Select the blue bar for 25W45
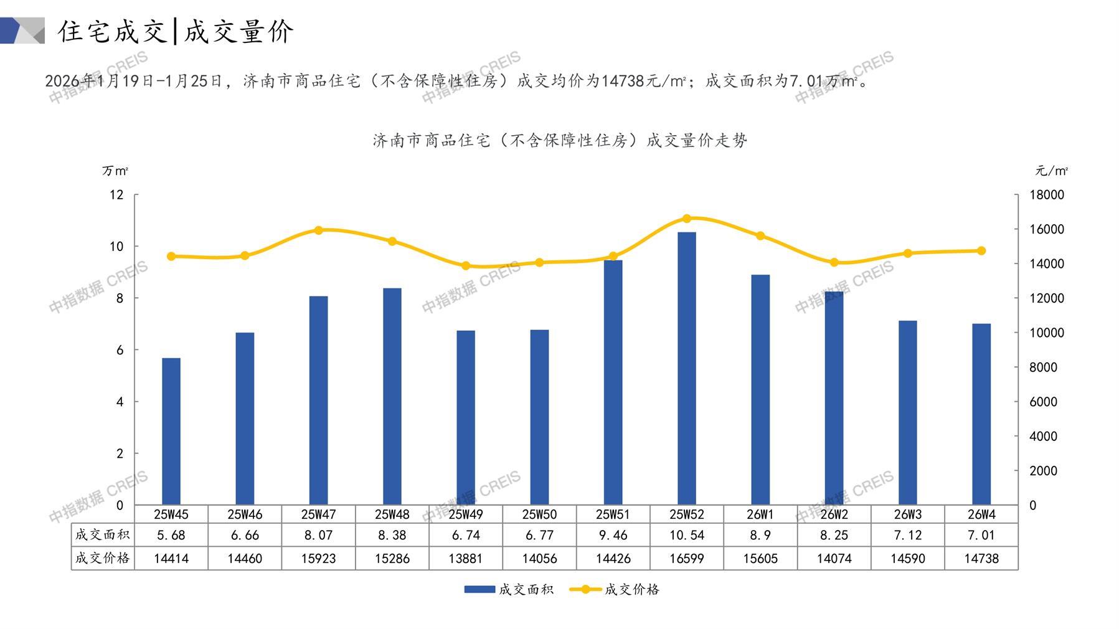tap(171, 432)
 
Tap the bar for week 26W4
tap(981, 414)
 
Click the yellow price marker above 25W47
tap(319, 230)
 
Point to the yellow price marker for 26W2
tap(834, 263)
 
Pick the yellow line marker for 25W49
tap(466, 266)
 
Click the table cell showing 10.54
tap(687, 535)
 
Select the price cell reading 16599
tap(687, 559)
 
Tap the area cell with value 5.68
tap(171, 535)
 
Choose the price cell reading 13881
tap(466, 559)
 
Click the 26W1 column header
tap(760, 514)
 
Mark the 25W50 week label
tap(539, 514)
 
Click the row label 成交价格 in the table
tap(103, 558)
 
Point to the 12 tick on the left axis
tap(116, 195)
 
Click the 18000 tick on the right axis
tap(1047, 195)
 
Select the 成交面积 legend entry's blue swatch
tap(479, 589)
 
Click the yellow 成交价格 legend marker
tap(585, 589)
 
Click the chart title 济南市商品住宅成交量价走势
tap(560, 141)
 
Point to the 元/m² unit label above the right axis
tap(1051, 171)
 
